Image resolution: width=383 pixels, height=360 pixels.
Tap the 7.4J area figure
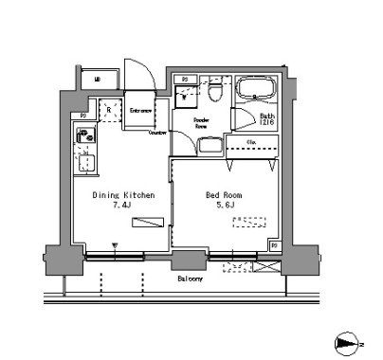click(x=121, y=206)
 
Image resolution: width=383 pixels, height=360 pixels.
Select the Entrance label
click(x=142, y=112)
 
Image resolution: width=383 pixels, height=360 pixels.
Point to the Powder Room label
click(x=200, y=124)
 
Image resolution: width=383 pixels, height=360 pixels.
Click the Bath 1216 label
click(x=267, y=119)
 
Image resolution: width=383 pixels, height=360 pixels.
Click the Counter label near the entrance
click(x=157, y=133)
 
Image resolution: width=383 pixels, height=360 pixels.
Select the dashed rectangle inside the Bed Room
click(x=250, y=223)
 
